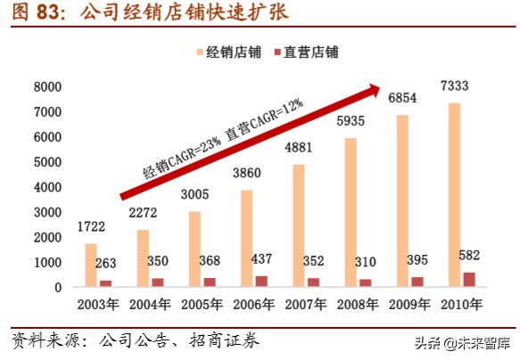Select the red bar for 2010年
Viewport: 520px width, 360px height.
[x=470, y=280]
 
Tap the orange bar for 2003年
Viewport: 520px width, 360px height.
[x=91, y=266]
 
